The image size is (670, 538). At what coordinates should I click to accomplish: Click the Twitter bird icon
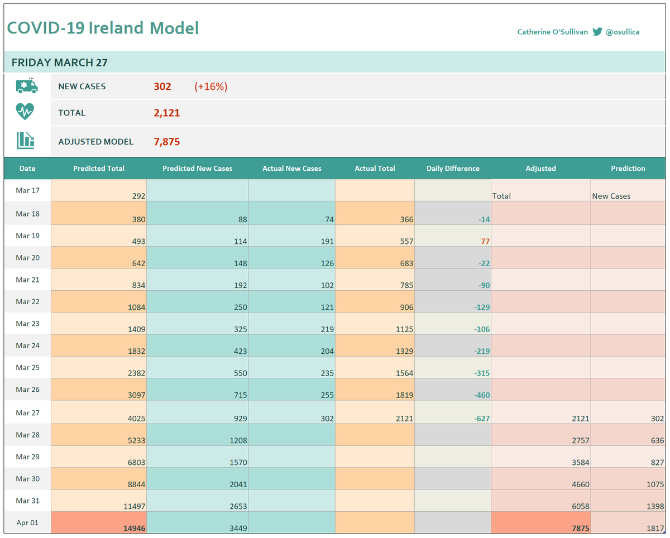pyautogui.click(x=597, y=32)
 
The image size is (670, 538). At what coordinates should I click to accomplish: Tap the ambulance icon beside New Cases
pyautogui.click(x=27, y=85)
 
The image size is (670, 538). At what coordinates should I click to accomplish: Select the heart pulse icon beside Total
pyautogui.click(x=25, y=112)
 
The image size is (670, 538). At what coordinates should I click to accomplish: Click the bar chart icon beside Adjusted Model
pyautogui.click(x=26, y=140)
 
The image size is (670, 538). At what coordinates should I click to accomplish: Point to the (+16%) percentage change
pyautogui.click(x=211, y=87)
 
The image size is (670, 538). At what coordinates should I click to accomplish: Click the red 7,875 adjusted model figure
pyautogui.click(x=166, y=142)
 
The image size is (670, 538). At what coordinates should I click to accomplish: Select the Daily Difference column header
pyautogui.click(x=453, y=169)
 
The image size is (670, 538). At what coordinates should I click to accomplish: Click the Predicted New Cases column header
pyautogui.click(x=198, y=169)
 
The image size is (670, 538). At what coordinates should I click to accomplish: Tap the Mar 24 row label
pyautogui.click(x=28, y=345)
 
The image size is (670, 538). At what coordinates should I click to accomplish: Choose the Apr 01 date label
pyautogui.click(x=27, y=522)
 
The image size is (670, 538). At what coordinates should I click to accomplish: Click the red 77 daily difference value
pyautogui.click(x=485, y=241)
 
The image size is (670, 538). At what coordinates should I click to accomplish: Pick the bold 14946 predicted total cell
pyautogui.click(x=134, y=528)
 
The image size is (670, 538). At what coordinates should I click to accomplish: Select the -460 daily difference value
pyautogui.click(x=482, y=395)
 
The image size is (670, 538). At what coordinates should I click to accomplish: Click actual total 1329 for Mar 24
pyautogui.click(x=404, y=351)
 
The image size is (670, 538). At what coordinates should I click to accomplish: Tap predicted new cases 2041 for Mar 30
pyautogui.click(x=238, y=484)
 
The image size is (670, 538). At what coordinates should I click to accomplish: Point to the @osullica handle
pyautogui.click(x=622, y=32)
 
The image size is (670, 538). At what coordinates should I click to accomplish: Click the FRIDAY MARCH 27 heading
pyautogui.click(x=60, y=63)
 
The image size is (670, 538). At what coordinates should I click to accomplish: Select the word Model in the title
pyautogui.click(x=174, y=28)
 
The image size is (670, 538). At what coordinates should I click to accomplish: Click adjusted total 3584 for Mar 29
pyautogui.click(x=580, y=463)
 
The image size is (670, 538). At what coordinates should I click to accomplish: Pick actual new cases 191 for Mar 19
pyautogui.click(x=327, y=241)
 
